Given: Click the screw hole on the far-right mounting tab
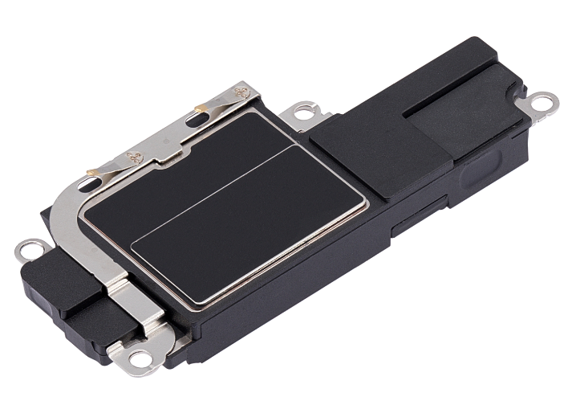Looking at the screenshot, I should (x=545, y=101).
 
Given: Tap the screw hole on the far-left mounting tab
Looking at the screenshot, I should (x=27, y=252).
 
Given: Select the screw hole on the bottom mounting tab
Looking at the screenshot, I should (x=141, y=358).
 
